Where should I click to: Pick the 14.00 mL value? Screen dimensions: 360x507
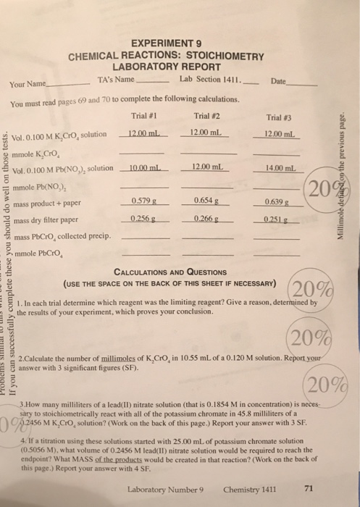(x=279, y=169)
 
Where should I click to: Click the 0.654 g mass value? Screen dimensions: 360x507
(x=207, y=200)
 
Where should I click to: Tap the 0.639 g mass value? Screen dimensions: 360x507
(x=279, y=201)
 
